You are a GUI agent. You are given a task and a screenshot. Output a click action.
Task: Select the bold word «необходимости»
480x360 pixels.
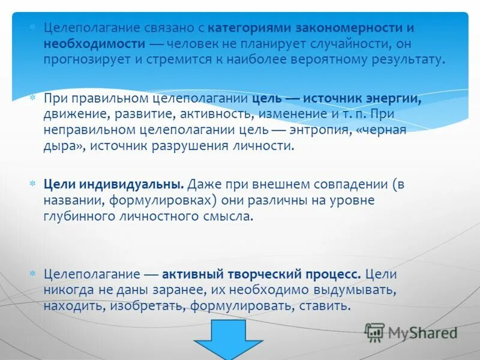tap(94, 44)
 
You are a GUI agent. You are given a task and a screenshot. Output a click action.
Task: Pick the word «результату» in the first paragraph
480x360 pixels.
tap(409, 59)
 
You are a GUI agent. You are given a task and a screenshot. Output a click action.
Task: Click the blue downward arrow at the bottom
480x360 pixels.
tap(228, 339)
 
